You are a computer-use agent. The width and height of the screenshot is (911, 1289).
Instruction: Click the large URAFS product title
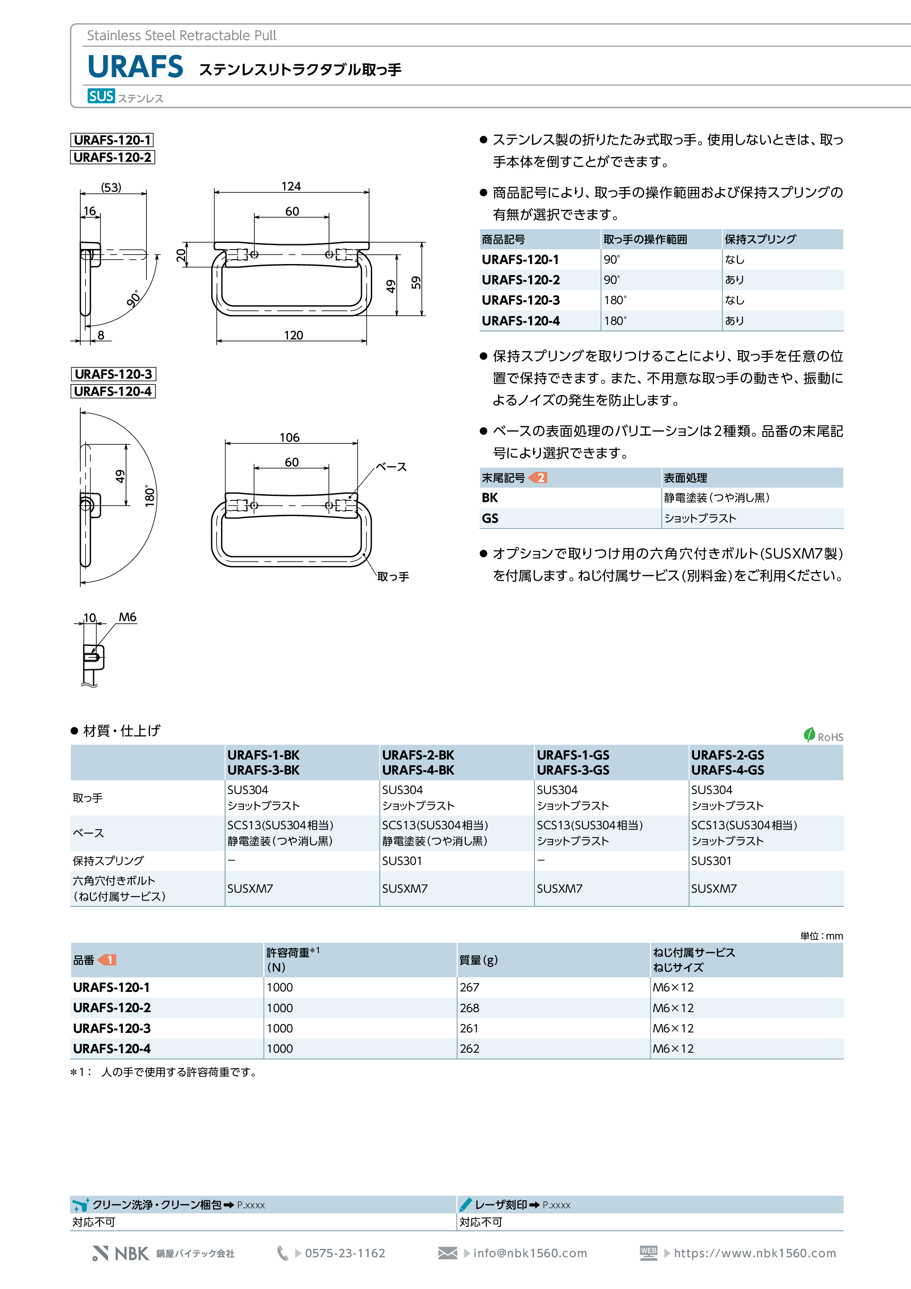click(135, 67)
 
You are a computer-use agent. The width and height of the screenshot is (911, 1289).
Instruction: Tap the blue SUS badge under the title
click(101, 96)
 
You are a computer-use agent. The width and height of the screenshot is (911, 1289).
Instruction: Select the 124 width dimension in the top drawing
click(291, 186)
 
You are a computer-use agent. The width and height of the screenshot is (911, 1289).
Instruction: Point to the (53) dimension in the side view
click(111, 187)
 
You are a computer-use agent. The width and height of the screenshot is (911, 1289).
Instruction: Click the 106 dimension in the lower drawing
click(289, 437)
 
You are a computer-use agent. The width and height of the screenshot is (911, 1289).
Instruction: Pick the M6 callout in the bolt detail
click(127, 617)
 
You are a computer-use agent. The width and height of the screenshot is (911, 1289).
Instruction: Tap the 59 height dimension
click(416, 283)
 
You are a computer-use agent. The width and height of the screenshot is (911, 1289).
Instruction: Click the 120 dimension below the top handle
click(293, 335)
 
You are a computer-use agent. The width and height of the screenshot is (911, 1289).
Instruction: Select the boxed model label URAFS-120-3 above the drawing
click(113, 374)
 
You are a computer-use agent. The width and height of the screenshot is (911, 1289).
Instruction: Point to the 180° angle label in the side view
click(149, 496)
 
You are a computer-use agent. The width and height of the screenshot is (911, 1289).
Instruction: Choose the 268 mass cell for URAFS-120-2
click(470, 1008)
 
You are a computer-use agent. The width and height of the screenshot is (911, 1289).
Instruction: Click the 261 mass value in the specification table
click(469, 1028)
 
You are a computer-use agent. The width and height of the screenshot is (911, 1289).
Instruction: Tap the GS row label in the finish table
click(490, 518)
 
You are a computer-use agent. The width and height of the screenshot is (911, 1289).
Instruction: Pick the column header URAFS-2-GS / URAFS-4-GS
click(727, 762)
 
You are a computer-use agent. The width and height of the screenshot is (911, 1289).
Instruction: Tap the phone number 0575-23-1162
click(345, 1253)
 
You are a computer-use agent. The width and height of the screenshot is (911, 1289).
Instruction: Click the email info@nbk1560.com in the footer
click(530, 1253)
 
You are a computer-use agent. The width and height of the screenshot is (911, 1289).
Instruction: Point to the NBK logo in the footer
click(121, 1253)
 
